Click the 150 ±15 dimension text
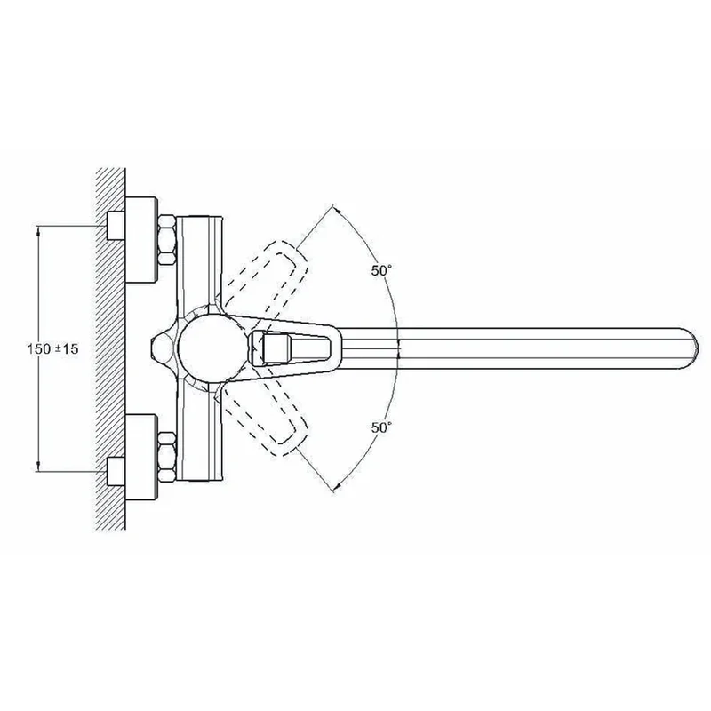click(x=52, y=349)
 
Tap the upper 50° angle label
click(x=381, y=271)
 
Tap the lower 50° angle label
click(x=381, y=427)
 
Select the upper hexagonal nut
click(x=167, y=240)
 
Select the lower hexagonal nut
click(x=167, y=457)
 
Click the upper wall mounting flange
click(x=141, y=240)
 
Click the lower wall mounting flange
click(x=141, y=457)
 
